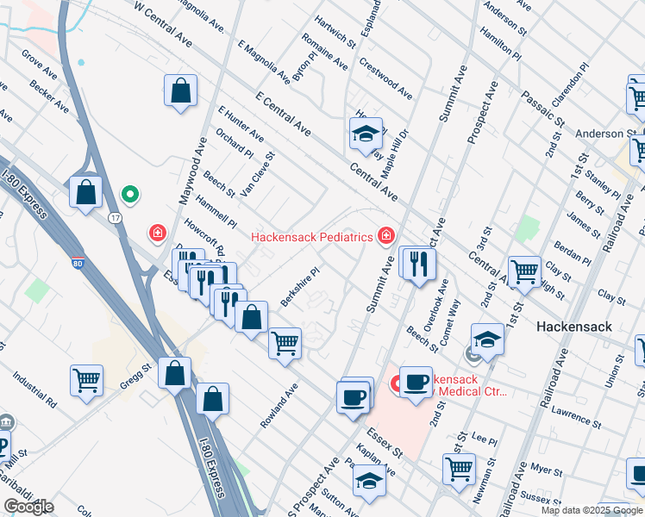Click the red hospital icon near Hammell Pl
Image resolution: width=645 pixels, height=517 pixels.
click(x=157, y=232)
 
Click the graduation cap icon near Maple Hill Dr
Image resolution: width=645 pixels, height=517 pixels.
click(x=366, y=134)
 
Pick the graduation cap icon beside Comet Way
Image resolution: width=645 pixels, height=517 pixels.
click(x=487, y=338)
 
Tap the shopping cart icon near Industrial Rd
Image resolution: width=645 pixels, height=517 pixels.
click(x=86, y=379)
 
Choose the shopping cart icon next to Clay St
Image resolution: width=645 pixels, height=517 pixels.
click(x=523, y=271)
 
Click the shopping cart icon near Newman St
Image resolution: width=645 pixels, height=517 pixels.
click(x=459, y=469)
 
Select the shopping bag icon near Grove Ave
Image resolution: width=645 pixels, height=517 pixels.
click(x=181, y=89)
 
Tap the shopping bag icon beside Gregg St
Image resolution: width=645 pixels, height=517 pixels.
click(x=175, y=373)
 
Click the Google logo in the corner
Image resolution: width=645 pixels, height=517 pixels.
click(x=28, y=507)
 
